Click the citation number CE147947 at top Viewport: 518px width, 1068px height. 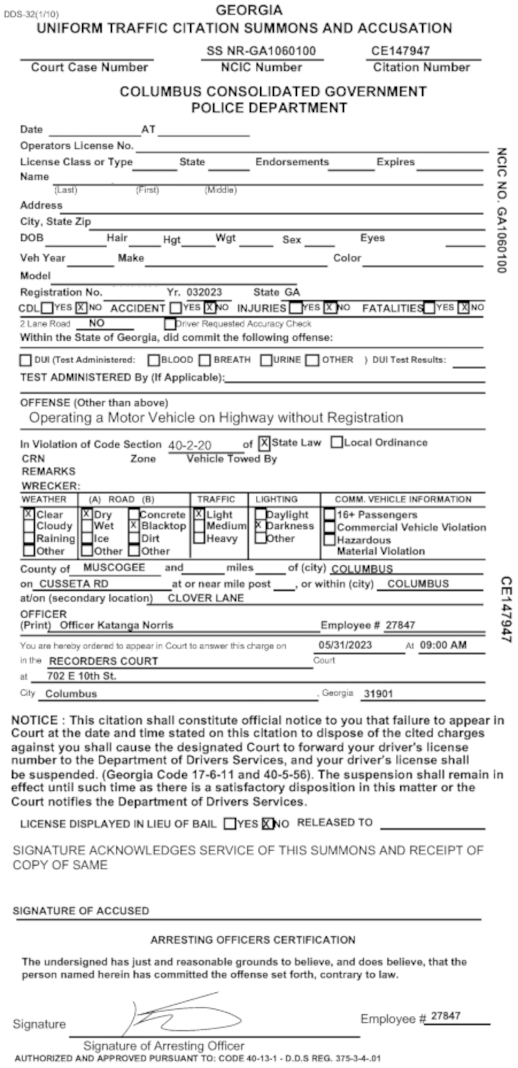point(400,51)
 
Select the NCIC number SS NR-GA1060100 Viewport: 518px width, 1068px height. point(261,51)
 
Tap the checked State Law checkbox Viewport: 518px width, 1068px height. point(264,443)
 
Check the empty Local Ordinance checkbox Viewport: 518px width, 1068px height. point(336,443)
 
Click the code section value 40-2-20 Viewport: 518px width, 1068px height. point(190,445)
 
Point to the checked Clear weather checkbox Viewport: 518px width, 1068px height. point(29,514)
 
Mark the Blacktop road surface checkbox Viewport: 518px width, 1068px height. point(133,526)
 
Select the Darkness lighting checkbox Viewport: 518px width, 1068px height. point(260,525)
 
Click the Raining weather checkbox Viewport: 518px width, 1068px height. point(29,539)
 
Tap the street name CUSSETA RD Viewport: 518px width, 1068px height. point(74,583)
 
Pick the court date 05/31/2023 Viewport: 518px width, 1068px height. point(346,645)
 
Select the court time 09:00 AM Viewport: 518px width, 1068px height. point(443,645)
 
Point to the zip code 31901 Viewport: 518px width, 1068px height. point(378,693)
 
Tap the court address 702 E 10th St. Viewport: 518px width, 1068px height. point(82,676)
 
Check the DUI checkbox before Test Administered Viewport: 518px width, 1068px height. point(25,360)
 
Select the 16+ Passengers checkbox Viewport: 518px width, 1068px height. point(329,515)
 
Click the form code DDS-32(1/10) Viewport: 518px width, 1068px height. point(31,13)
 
